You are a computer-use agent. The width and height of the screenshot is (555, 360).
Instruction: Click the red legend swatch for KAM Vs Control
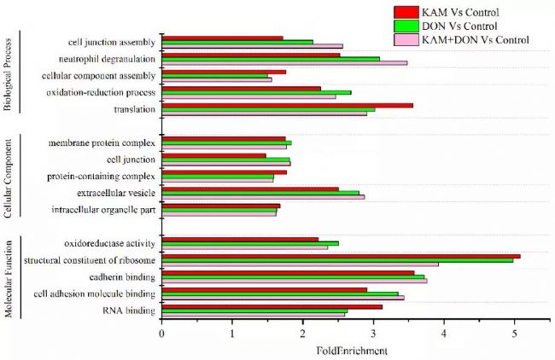(405, 11)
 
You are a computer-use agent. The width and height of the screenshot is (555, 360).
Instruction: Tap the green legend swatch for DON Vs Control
(405, 26)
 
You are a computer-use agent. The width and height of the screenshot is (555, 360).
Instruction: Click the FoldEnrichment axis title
(353, 350)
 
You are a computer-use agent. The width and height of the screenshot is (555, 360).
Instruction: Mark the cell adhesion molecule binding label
(94, 294)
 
